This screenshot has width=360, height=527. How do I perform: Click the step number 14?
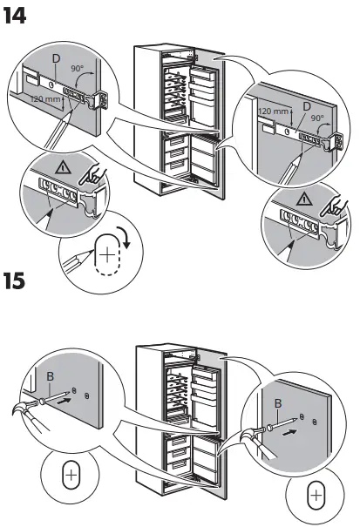[x=19, y=15]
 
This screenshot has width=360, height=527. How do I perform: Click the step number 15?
[x=20, y=284]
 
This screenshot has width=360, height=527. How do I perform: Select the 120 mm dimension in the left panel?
[x=44, y=99]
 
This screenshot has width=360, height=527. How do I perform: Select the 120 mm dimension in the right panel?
[x=274, y=111]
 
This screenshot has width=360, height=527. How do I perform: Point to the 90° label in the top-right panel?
[x=317, y=118]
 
